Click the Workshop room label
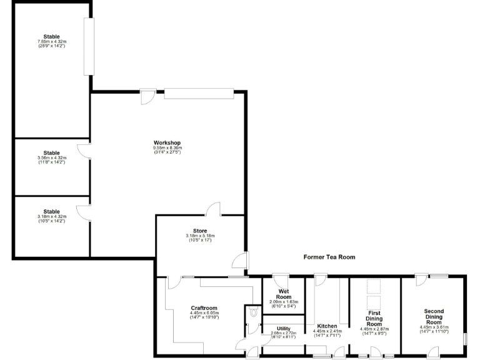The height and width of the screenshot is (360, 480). (167, 143)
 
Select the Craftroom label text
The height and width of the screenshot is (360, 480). (204, 307)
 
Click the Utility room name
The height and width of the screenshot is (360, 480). (283, 328)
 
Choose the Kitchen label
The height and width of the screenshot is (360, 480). (327, 326)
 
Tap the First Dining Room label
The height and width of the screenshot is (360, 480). (374, 317)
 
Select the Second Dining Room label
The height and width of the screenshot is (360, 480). (434, 316)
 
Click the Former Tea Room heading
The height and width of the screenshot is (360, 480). (329, 257)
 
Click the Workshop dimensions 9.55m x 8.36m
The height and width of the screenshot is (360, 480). (167, 148)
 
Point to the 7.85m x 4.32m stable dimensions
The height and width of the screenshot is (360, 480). (52, 42)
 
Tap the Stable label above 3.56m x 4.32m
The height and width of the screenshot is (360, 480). (52, 152)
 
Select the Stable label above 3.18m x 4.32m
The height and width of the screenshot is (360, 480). (52, 211)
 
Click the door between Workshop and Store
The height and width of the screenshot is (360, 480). (214, 209)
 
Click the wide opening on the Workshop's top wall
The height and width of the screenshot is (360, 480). (199, 93)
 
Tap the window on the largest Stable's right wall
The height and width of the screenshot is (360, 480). (89, 46)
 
